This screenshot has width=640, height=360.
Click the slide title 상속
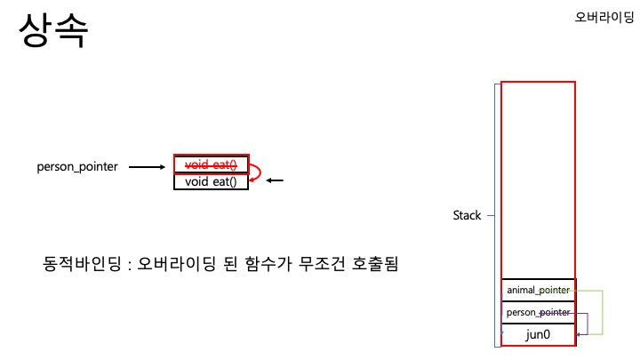pos(53,32)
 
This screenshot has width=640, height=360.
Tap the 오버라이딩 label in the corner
pos(604,16)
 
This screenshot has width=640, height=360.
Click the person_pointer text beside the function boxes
pos(77,166)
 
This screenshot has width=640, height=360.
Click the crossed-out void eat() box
pos(210,164)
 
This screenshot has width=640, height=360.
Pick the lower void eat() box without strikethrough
pos(210,181)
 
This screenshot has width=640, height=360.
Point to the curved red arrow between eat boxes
pos(256,172)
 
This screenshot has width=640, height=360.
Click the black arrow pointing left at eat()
pos(275,181)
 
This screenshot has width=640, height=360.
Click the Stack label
pos(467,215)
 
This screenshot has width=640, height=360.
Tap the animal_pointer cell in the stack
pos(538,290)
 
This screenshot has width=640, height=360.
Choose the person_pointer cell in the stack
pos(538,312)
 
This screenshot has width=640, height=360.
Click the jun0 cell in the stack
pos(538,335)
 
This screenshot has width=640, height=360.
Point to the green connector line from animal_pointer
pos(603,311)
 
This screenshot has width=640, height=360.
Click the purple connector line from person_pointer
pos(587,324)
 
